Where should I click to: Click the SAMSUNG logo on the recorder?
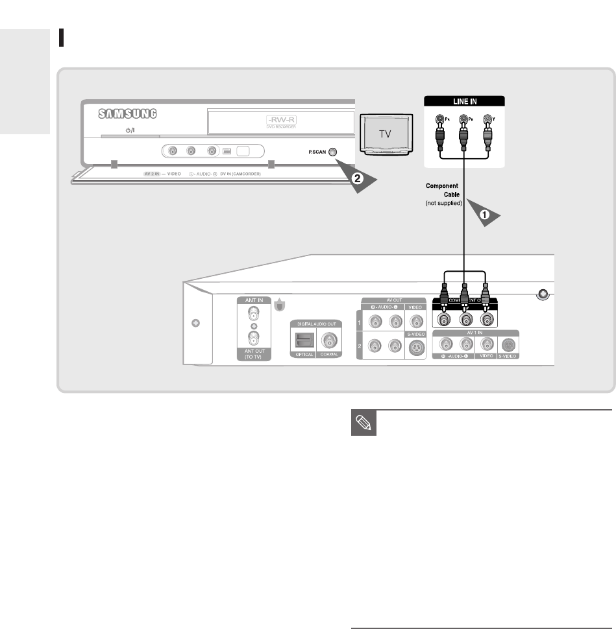[x=129, y=114]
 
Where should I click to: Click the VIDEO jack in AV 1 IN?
[x=484, y=346]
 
